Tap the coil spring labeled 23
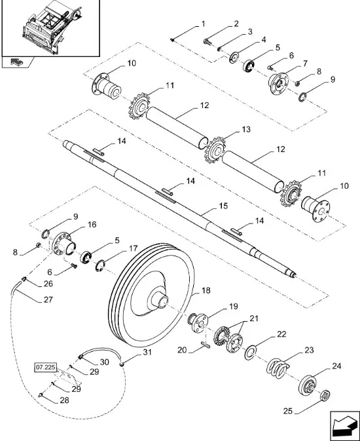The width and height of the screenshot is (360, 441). pos(278,368)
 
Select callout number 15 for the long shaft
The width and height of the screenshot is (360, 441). pos(223,206)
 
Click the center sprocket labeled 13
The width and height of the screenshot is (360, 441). pos(216,150)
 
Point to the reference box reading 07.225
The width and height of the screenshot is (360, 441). pos(46,368)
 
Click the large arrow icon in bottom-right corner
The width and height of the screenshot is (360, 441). pos(344,426)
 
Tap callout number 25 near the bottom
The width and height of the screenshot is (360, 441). pos(288,411)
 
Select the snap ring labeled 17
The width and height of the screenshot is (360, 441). pos(100,265)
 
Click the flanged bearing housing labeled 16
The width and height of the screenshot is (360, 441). pos(63,244)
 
